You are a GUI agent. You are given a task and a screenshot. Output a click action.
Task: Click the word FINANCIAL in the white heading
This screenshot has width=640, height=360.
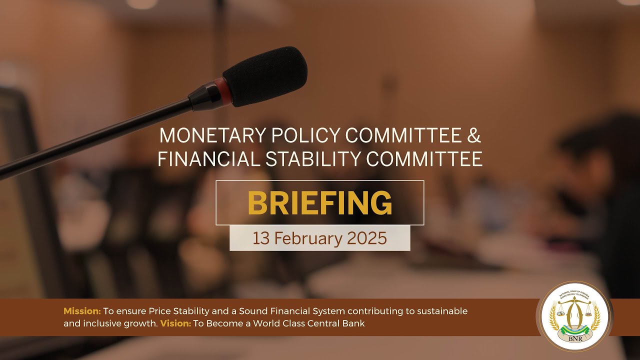pos(208,158)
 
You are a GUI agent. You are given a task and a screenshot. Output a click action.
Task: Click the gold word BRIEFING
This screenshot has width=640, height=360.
pos(320,203)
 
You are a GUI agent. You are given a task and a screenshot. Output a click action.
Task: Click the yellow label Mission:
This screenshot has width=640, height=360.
pos(82,311)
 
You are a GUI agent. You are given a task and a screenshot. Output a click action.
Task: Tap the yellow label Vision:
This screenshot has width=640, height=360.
pos(175,323)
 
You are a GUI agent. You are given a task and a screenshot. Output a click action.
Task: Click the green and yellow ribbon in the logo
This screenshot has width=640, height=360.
pos(573,328)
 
